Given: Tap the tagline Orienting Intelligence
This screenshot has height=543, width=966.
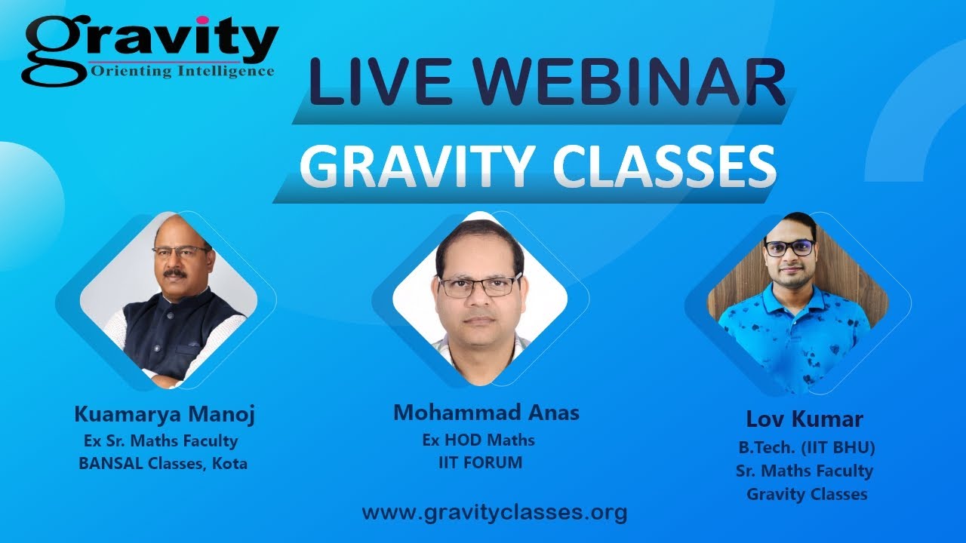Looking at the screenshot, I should pos(182,72).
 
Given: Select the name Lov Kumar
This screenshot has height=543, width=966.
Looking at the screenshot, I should pos(804,419).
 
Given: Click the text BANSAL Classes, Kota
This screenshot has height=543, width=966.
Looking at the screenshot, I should pos(163,464).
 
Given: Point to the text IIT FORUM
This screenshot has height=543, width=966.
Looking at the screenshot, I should pos(480,462).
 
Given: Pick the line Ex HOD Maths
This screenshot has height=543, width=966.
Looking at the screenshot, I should pos(478,440).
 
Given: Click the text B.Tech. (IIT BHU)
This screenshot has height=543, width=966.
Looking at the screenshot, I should pos(807,446).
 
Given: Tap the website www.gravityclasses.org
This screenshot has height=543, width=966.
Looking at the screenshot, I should pos(494,513).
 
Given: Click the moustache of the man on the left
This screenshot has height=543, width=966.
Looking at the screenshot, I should pos(178,273).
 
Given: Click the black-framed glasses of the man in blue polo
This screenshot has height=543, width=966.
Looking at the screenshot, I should pos(789,247).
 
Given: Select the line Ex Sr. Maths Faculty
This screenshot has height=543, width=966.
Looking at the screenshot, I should pos(161,440).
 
